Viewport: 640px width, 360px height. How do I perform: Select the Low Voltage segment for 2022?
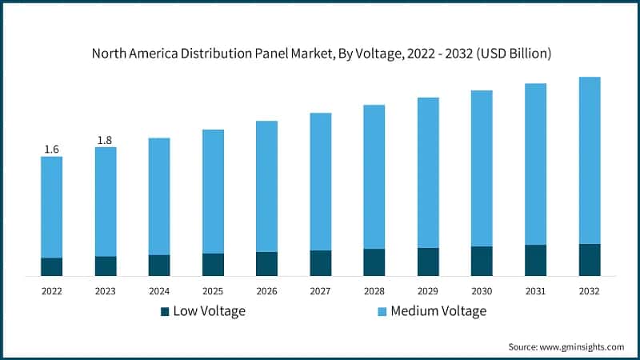coord(52,267)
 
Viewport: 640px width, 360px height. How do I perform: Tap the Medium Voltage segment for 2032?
coord(590,160)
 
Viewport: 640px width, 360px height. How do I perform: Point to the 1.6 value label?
coord(52,150)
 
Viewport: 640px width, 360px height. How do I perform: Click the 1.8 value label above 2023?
coord(105,141)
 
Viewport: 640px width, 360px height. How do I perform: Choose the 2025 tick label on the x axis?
coord(213,290)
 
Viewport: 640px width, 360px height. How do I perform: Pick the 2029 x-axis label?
coord(428,290)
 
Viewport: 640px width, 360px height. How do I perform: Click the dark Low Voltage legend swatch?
coord(165,311)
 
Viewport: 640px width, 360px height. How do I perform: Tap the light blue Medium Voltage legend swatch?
coord(382,311)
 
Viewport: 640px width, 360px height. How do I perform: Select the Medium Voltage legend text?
coord(438,311)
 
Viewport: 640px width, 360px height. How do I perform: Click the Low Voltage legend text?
coord(210,311)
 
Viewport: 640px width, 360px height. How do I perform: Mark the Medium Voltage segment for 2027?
coord(321,182)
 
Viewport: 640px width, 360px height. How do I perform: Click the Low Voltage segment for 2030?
coord(482,261)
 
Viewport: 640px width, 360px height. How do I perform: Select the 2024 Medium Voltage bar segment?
coord(159,196)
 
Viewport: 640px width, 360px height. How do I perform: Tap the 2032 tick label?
coord(590,290)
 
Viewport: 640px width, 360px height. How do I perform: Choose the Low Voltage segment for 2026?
coord(266,264)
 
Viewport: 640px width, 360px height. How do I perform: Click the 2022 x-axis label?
coord(52,290)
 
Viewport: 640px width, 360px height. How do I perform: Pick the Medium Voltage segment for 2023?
coord(106,202)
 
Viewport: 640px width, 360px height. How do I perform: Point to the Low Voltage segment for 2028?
coord(374,262)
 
